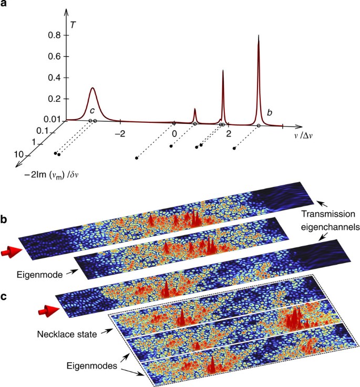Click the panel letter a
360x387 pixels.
5,6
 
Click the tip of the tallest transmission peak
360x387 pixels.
259,36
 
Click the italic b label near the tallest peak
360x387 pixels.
270,112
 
